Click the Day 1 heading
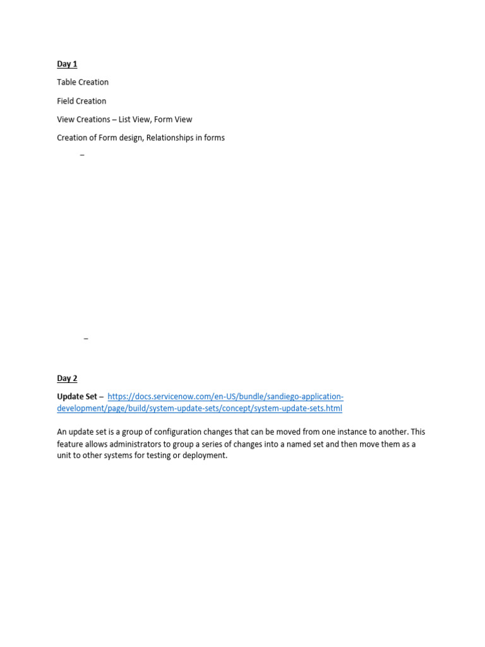coord(67,64)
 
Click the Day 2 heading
coord(67,378)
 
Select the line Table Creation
coord(83,82)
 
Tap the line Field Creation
coord(81,101)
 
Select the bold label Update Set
coord(76,397)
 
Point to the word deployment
coord(204,456)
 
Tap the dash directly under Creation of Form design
coord(82,155)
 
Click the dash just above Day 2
coord(86,339)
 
